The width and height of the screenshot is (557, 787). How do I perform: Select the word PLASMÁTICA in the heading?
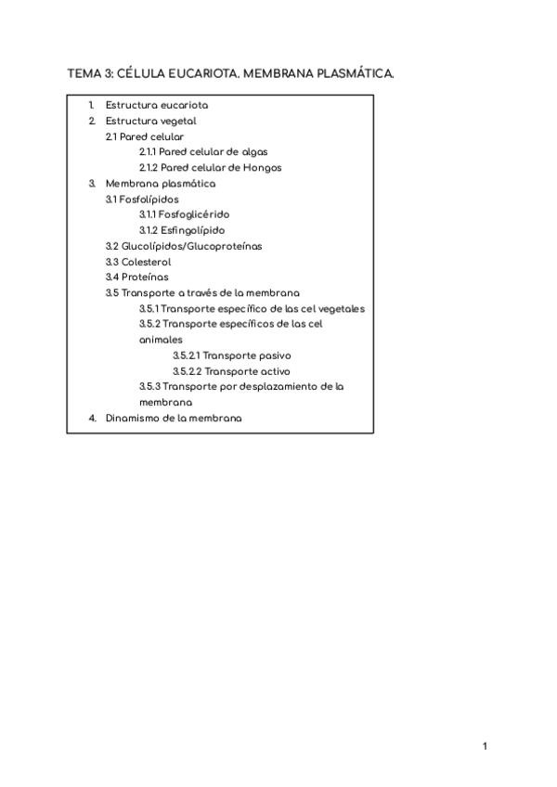pos(357,73)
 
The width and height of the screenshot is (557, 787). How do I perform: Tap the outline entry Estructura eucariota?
pos(156,105)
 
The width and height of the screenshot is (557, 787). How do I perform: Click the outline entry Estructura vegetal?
pos(150,121)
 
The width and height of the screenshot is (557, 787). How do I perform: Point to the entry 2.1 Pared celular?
pos(145,136)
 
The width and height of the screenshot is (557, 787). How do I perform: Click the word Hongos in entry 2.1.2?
pos(261,168)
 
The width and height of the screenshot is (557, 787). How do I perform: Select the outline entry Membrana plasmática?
pos(161,184)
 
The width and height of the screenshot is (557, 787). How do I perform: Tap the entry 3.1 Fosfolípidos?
pos(142,199)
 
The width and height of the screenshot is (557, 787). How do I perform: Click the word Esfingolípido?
pos(192,230)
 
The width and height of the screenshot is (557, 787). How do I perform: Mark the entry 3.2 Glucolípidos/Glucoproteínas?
pos(184,246)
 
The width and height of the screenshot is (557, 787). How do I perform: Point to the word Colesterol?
pos(146,262)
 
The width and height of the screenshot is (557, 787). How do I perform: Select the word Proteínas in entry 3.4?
pos(145,277)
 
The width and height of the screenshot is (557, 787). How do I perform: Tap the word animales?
pos(161,340)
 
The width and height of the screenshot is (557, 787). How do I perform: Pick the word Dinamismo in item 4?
pos(133,418)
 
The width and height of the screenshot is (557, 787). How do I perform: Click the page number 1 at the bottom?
pos(485,746)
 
